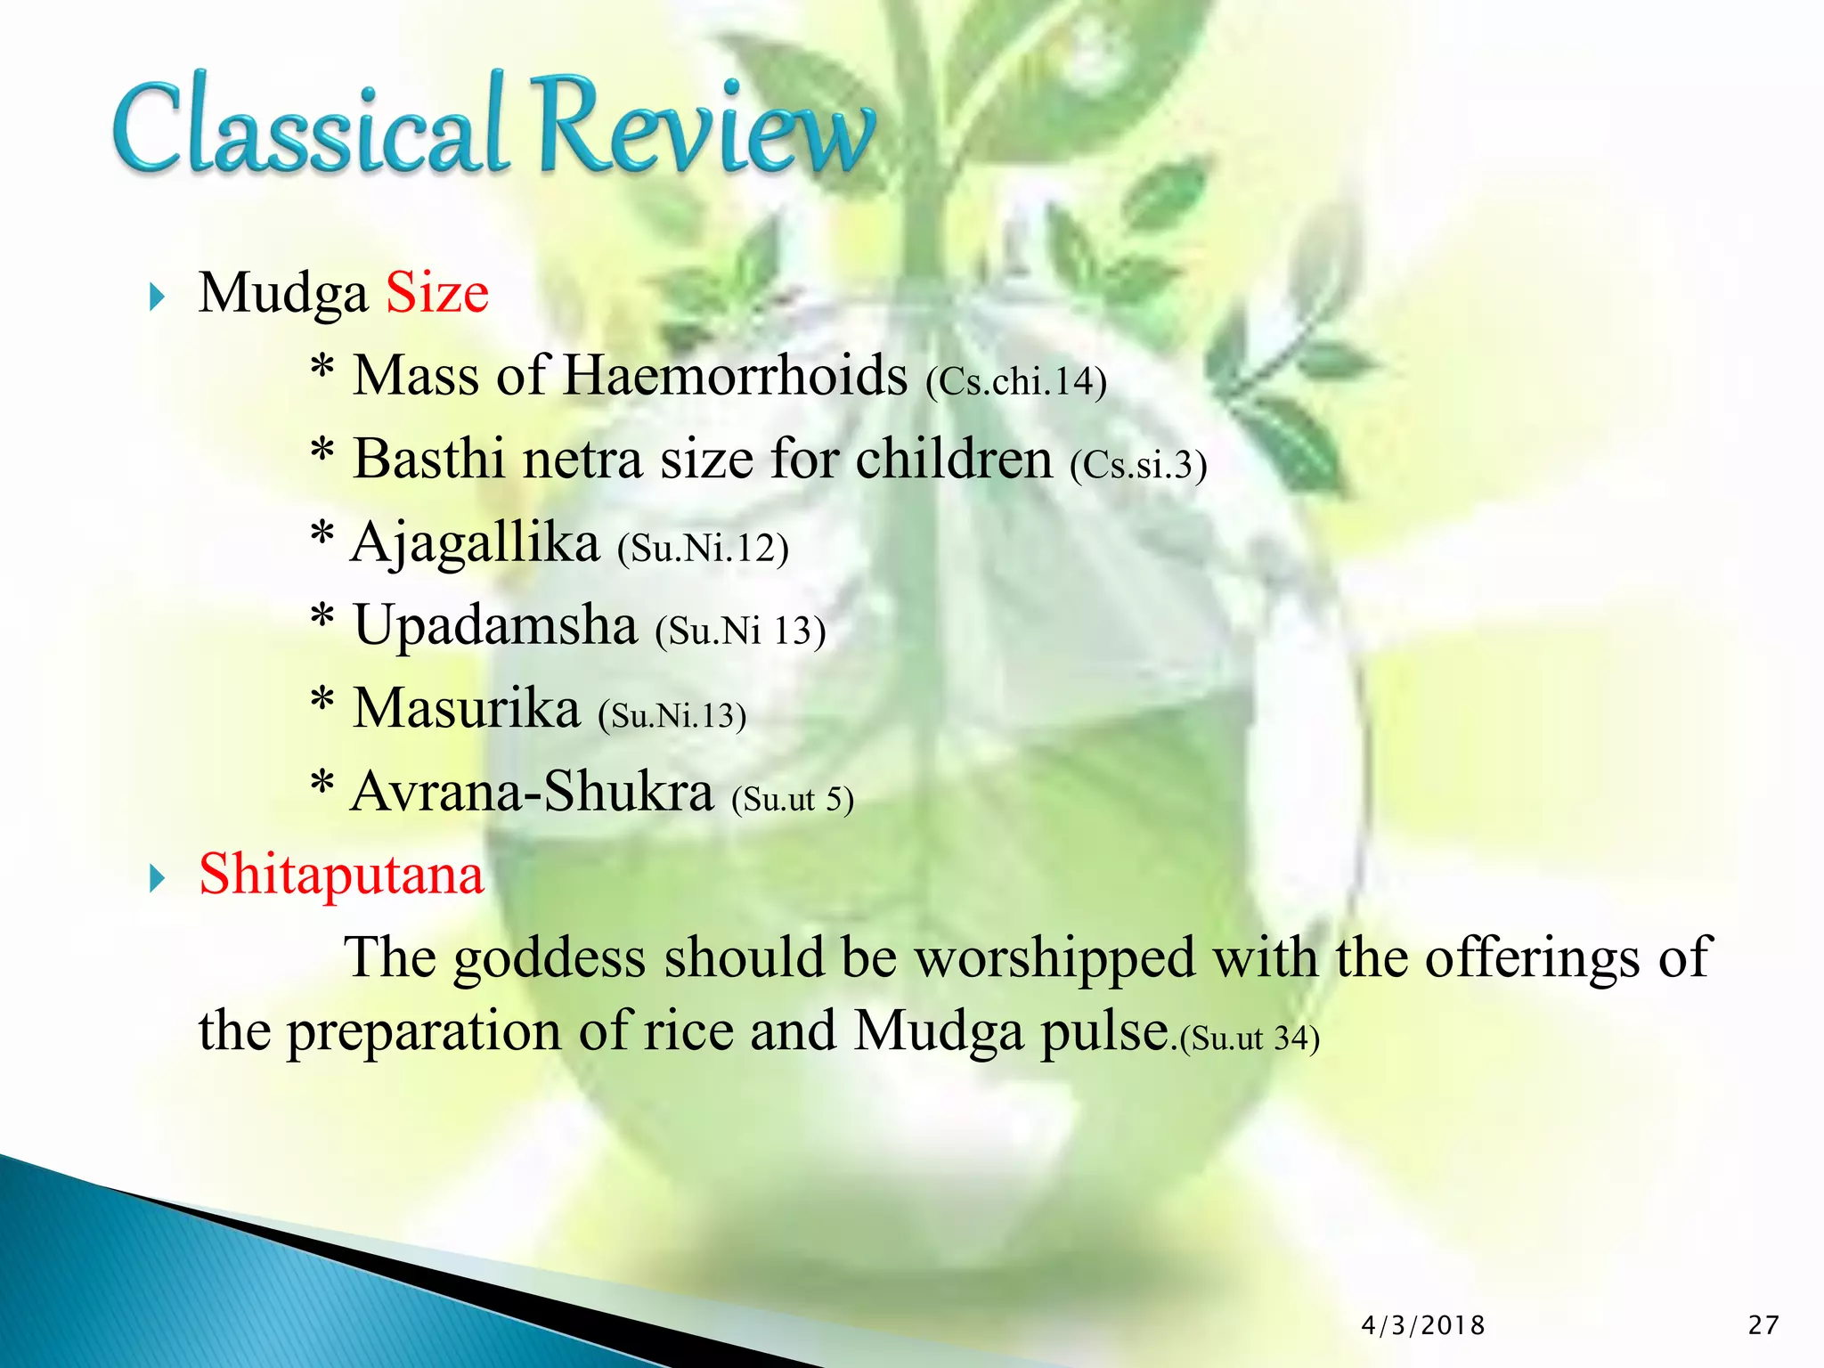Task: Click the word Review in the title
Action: [x=704, y=125]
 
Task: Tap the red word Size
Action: [x=437, y=293]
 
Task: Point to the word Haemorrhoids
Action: [x=736, y=375]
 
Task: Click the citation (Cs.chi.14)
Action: [x=1016, y=382]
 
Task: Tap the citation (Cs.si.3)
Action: [x=1138, y=465]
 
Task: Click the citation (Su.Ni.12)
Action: [x=703, y=548]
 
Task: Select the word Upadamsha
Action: [x=495, y=625]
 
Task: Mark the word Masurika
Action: [x=467, y=709]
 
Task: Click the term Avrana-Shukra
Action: [x=533, y=792]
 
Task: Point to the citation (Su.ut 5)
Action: [x=793, y=799]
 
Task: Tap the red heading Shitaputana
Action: [x=341, y=875]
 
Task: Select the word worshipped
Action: [x=1055, y=959]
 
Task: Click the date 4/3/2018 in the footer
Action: [x=1422, y=1326]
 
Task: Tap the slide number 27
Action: [x=1763, y=1325]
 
